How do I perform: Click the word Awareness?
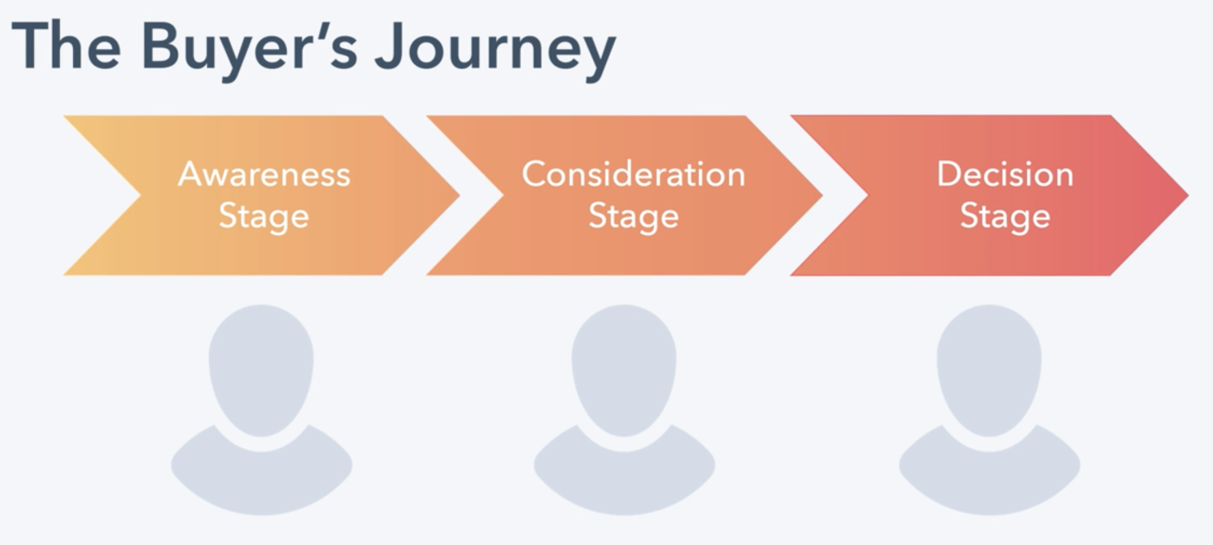(264, 174)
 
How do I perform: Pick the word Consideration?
(633, 174)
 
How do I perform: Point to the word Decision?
(1005, 174)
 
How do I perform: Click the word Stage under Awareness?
(264, 216)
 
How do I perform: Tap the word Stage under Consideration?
(634, 216)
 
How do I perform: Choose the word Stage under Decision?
(1005, 216)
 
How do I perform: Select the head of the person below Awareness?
(261, 367)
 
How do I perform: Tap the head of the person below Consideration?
(624, 367)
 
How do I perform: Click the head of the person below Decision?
(989, 367)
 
